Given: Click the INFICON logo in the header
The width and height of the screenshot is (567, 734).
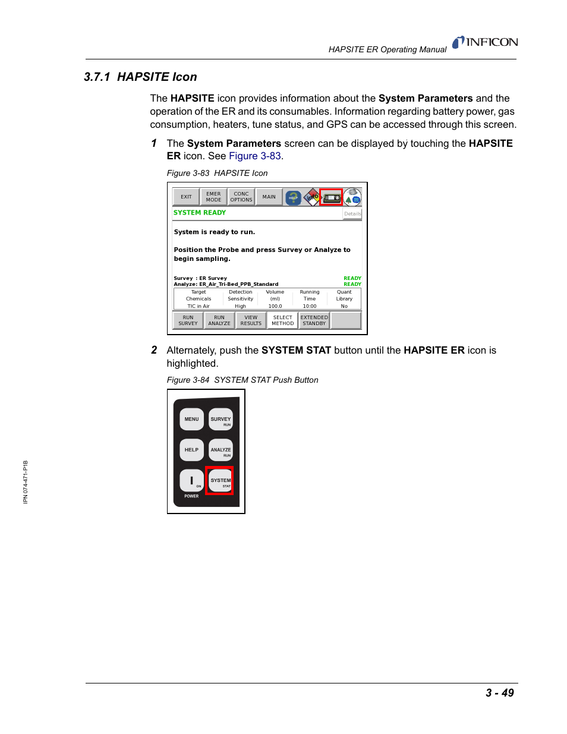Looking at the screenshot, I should coord(485,42).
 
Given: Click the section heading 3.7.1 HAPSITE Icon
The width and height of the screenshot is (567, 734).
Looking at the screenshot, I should coord(140,77).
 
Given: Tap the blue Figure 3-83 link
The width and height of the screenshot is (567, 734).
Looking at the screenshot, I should coord(254,156).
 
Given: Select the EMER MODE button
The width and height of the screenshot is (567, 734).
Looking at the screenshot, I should coord(213,197).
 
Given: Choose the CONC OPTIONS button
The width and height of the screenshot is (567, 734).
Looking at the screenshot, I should coord(241,197).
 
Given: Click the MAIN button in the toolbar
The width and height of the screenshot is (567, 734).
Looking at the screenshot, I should coord(269,197).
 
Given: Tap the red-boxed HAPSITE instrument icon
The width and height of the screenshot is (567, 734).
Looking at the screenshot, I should coord(332,197).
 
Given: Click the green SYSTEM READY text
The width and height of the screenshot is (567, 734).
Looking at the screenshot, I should coord(200,213).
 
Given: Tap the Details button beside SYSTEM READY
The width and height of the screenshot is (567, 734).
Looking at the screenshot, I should coord(352,214).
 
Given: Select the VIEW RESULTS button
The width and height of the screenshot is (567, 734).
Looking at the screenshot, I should coord(251,321).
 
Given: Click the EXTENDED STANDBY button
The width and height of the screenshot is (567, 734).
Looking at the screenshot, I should coord(314,321).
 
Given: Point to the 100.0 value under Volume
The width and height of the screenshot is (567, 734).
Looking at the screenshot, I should coord(275,307).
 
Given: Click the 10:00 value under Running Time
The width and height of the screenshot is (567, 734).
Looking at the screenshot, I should coord(310,307).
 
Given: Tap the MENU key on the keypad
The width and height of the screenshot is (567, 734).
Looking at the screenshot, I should coord(191,420).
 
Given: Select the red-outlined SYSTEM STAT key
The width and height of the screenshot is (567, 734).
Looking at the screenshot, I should coord(220,481).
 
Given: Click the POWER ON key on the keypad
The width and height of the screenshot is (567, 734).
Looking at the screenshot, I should coord(191,481).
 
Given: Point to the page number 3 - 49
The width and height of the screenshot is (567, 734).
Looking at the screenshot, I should coord(499,693).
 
